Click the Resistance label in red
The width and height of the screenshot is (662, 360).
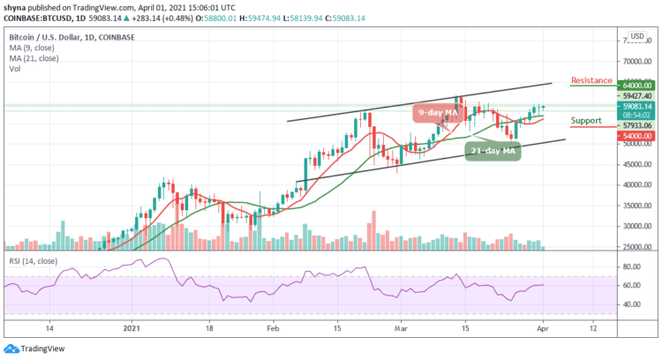click(x=592, y=80)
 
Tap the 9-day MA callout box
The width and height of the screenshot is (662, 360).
click(x=439, y=113)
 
